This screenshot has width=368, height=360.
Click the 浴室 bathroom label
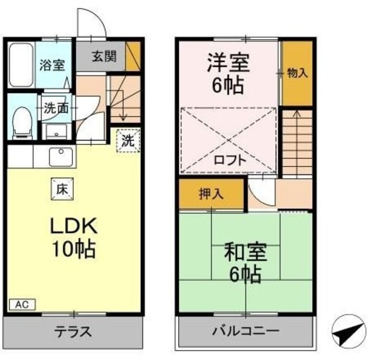52,65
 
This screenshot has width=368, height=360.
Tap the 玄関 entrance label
104,56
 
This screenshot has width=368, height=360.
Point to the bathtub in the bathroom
22,64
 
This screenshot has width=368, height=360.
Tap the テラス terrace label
73,332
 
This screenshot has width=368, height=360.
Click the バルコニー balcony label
245,332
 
